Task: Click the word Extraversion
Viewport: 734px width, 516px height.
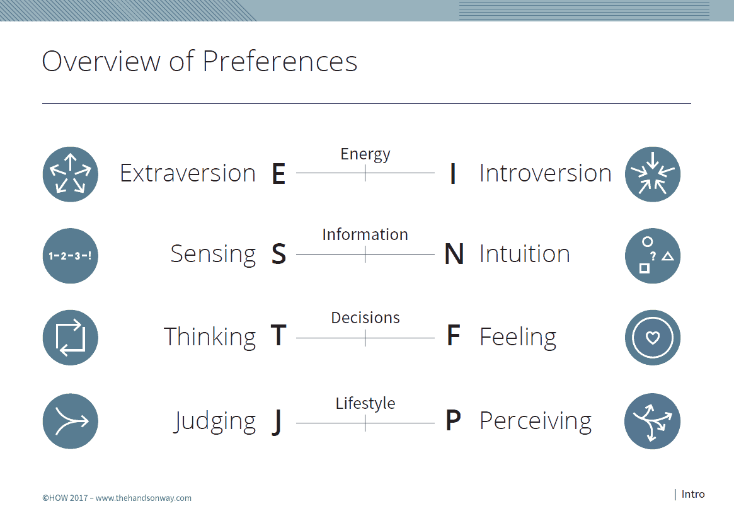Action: click(x=188, y=173)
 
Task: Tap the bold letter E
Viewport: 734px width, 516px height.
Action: click(x=278, y=174)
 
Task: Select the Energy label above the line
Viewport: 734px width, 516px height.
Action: click(x=365, y=154)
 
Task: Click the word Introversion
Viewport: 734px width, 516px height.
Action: click(x=546, y=173)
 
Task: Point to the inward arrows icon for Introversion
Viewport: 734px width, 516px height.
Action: click(x=653, y=174)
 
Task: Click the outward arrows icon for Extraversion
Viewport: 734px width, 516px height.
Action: click(x=70, y=174)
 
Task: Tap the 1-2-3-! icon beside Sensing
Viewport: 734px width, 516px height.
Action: click(x=70, y=256)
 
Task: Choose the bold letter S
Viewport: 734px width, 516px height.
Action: click(x=278, y=255)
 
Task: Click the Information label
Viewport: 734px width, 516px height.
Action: click(x=365, y=234)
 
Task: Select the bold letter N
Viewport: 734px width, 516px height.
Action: click(x=454, y=255)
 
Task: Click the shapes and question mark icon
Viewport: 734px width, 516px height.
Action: click(x=653, y=256)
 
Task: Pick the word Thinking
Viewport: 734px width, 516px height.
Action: click(x=210, y=337)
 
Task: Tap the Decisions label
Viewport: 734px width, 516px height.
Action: click(x=365, y=318)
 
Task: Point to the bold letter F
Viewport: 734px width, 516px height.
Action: click(x=453, y=335)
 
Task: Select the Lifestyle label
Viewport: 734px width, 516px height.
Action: click(x=365, y=403)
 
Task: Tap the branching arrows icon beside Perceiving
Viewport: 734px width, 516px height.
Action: click(x=653, y=421)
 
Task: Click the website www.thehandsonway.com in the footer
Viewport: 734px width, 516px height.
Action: click(x=143, y=498)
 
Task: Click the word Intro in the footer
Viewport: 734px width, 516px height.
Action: click(x=693, y=494)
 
